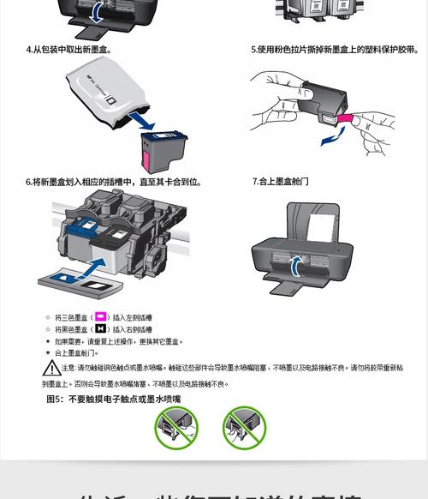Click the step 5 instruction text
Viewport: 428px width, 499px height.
334,50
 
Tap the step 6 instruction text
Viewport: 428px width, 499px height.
113,182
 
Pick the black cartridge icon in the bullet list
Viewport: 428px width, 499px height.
100,329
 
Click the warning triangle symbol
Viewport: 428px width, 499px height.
52,369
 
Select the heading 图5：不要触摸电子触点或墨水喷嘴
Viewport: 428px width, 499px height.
113,399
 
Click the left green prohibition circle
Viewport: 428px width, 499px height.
175,427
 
